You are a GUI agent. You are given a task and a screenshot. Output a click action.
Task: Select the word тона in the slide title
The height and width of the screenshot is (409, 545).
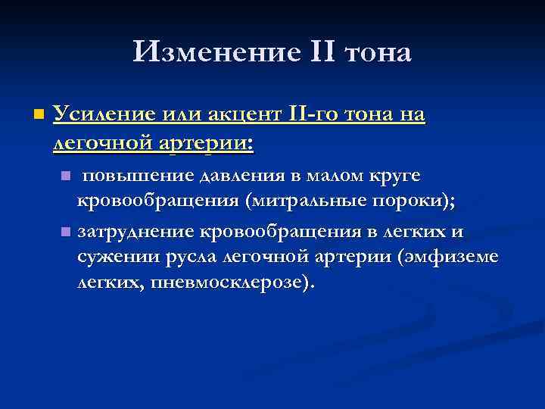(372, 53)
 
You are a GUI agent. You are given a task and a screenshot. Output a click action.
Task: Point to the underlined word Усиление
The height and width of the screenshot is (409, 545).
(104, 115)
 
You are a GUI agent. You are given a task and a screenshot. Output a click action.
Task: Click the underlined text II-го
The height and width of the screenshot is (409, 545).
(317, 115)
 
